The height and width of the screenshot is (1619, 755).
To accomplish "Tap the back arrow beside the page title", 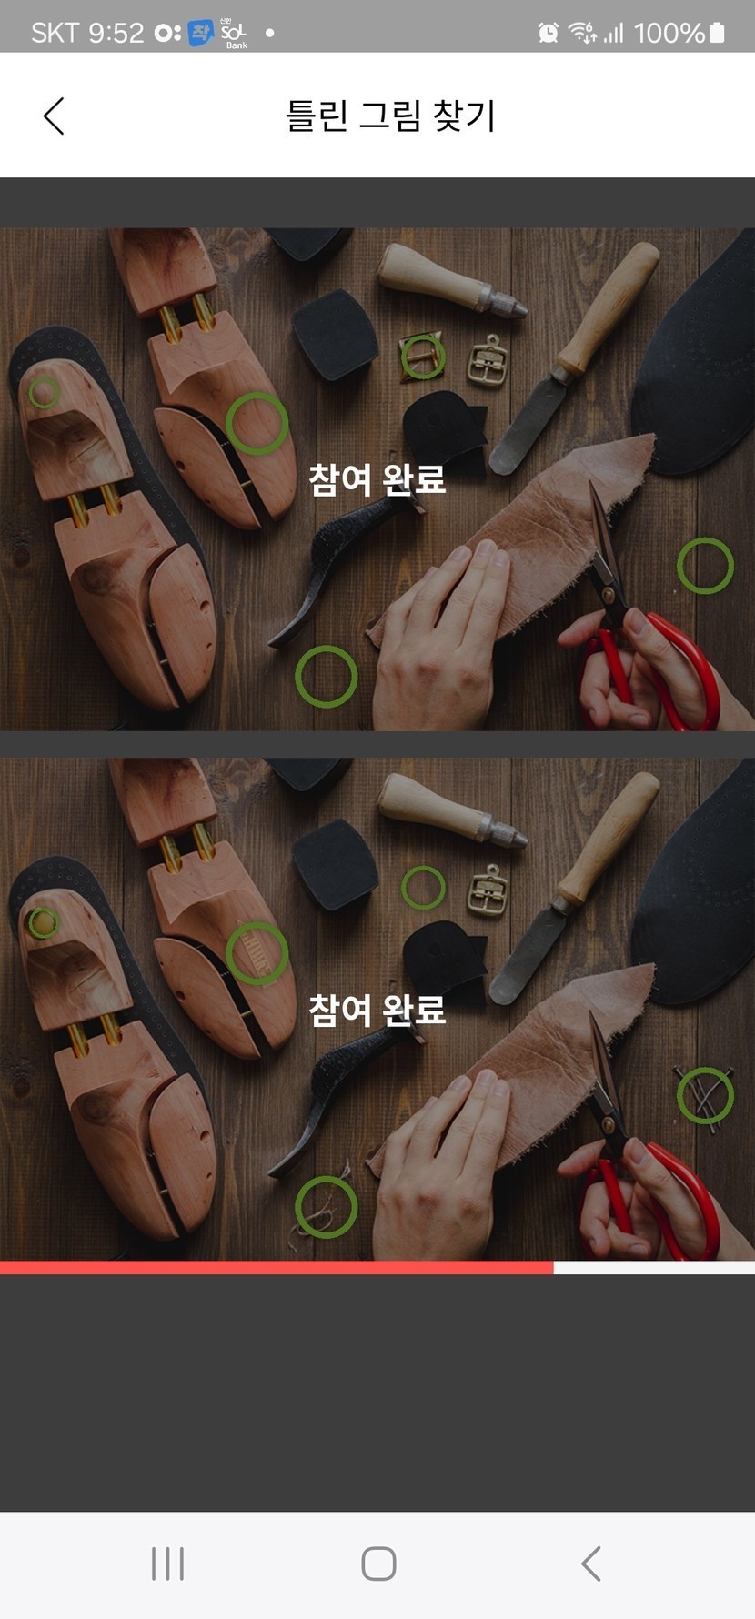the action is click(x=54, y=116).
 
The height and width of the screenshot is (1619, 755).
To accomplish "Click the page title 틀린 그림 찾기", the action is click(x=391, y=116).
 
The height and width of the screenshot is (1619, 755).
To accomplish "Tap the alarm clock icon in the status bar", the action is click(x=549, y=33).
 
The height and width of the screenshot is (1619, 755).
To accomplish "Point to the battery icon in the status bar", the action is click(x=717, y=33).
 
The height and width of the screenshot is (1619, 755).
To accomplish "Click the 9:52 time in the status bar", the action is click(x=116, y=33).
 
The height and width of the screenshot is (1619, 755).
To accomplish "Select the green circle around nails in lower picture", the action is click(x=705, y=1095).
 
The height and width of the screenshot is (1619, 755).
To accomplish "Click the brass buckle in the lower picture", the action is click(x=488, y=890).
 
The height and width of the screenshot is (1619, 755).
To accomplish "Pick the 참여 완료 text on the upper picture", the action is click(x=377, y=478).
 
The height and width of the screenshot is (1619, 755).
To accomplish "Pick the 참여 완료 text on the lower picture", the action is click(x=377, y=1009).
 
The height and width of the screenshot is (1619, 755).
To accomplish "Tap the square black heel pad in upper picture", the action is click(x=335, y=333).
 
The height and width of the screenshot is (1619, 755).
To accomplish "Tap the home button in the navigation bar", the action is click(x=378, y=1564).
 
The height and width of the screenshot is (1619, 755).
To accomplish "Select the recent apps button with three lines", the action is click(x=167, y=1564).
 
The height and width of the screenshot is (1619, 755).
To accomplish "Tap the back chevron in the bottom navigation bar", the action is click(x=590, y=1564).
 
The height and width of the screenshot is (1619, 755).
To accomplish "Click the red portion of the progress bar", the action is click(x=277, y=1268).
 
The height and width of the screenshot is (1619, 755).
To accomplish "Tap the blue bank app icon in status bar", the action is click(x=200, y=33).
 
